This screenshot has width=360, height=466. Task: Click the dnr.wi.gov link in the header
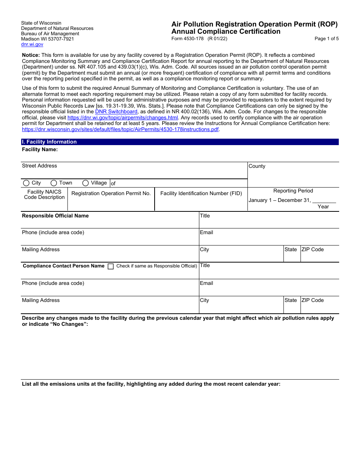pyautogui.click(x=32, y=44)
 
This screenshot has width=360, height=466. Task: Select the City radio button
pyautogui.click(x=26, y=183)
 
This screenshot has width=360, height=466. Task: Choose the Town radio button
pyautogui.click(x=54, y=183)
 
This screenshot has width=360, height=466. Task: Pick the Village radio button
pyautogui.click(x=86, y=183)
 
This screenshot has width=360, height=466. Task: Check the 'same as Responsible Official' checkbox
pyautogui.click(x=111, y=266)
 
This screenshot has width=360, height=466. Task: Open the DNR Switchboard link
pyautogui.click(x=116, y=112)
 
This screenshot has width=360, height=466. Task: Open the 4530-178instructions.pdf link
pyautogui.click(x=120, y=129)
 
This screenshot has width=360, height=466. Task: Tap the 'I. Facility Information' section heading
pyautogui.click(x=49, y=142)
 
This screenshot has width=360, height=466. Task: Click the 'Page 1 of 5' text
pyautogui.click(x=326, y=39)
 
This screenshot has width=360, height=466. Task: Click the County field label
pyautogui.click(x=257, y=166)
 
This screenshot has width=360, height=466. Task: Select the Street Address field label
pyautogui.click(x=39, y=166)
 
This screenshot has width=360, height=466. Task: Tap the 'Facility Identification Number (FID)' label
pyautogui.click(x=201, y=194)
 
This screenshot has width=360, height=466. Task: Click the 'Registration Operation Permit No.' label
pyautogui.click(x=111, y=194)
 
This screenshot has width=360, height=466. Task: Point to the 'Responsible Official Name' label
pyautogui.click(x=55, y=216)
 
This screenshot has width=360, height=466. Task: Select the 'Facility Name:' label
pyautogui.click(x=40, y=150)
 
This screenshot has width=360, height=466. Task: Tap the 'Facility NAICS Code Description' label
pyautogui.click(x=44, y=195)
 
